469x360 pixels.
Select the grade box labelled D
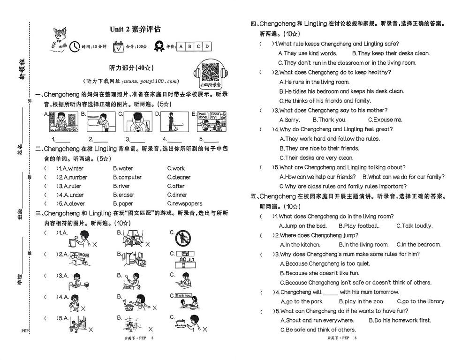point(206,46)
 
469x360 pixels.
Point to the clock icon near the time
point(75,46)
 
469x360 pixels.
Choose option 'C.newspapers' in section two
point(184,204)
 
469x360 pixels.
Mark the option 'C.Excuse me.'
point(385,120)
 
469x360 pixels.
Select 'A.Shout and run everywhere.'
point(317,321)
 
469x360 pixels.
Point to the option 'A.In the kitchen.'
point(300,245)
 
